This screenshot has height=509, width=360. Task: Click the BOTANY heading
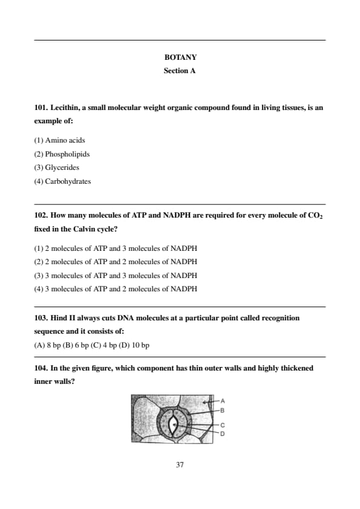pos(180,57)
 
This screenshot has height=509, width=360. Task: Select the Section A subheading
pos(180,71)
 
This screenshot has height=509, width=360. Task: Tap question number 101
pos(41,108)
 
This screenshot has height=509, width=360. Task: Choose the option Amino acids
pos(60,141)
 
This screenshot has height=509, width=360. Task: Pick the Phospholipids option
pos(62,154)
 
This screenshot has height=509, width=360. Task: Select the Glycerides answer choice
pos(56,168)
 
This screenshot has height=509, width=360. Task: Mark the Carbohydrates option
pos(62,181)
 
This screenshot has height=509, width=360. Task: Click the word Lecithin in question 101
pos(65,108)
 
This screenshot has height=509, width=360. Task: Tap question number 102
pos(41,216)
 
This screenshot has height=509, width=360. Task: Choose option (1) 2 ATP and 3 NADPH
pos(116,248)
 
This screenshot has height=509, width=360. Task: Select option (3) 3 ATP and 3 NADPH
pos(116,276)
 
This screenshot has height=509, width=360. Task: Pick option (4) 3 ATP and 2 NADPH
pos(116,289)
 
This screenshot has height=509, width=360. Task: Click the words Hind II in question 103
pos(63,318)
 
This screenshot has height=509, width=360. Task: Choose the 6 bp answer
pos(76,345)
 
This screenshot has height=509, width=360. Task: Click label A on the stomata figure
pos(223,401)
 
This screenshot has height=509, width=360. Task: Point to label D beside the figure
pos(223,433)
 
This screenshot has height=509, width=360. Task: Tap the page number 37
pos(180,465)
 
